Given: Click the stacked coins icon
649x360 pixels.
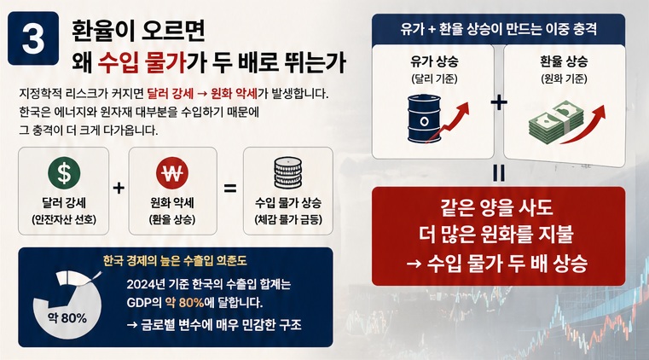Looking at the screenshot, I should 287,174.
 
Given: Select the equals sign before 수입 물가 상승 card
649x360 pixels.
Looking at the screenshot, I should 229,188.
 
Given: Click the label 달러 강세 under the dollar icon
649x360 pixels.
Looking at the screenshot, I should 64,204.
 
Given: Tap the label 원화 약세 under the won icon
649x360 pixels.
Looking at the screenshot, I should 172,204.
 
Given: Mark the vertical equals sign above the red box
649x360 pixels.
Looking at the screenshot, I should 499,171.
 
